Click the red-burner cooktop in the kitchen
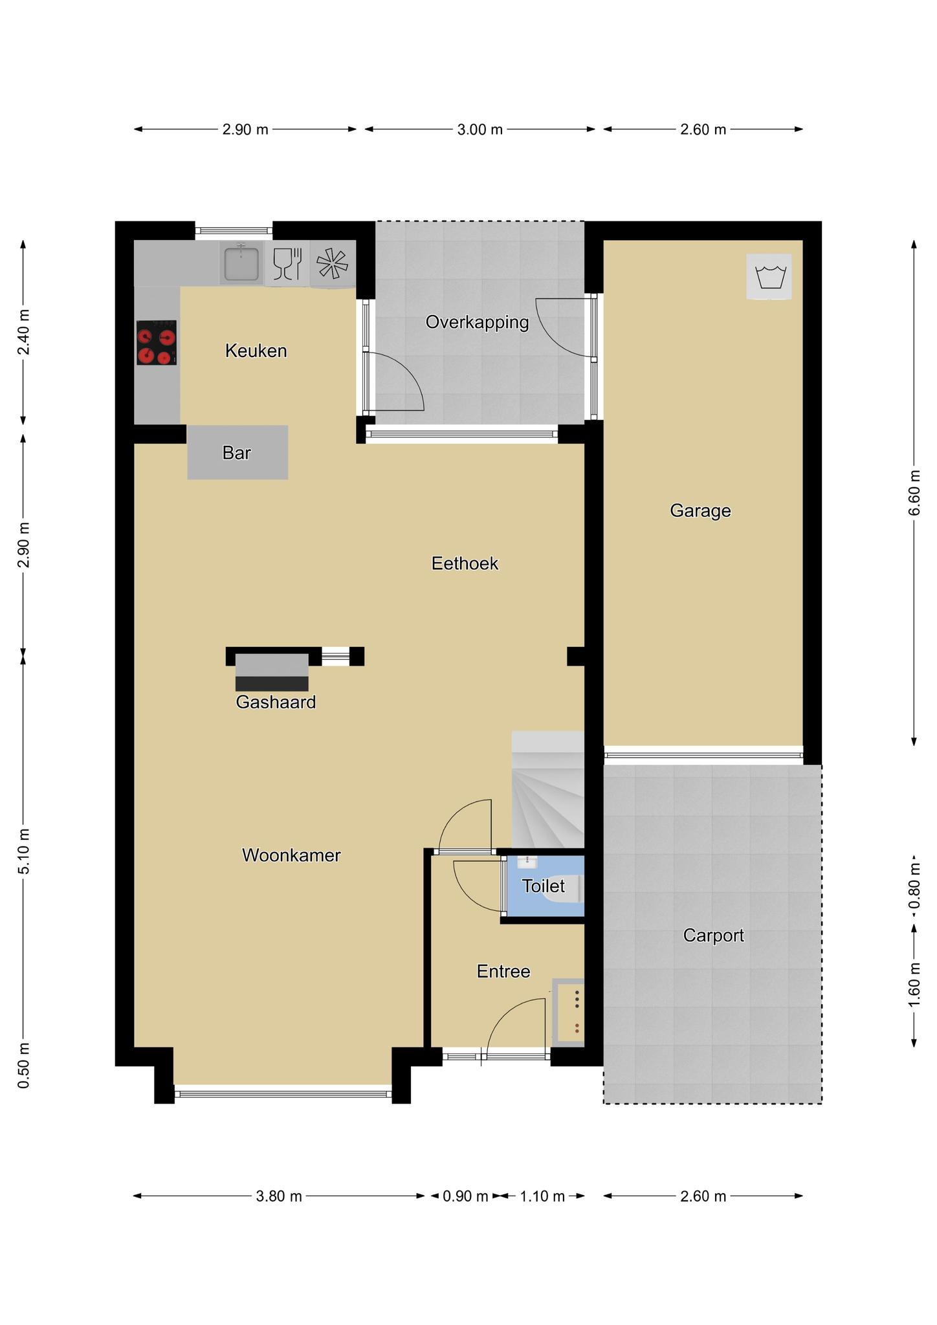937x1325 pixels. click(x=157, y=342)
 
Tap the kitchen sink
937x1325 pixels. click(x=241, y=263)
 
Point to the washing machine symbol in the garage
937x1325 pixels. click(x=769, y=276)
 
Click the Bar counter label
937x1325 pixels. click(x=237, y=453)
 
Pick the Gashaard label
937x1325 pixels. click(x=276, y=702)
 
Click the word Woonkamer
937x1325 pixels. click(x=291, y=855)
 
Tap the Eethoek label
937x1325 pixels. click(x=465, y=564)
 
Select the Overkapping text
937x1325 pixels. click(x=478, y=322)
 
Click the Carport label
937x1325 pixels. click(x=714, y=936)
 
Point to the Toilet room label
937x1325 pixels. click(x=544, y=886)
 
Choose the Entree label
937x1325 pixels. click(x=503, y=971)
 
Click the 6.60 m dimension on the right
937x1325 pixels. click(x=914, y=493)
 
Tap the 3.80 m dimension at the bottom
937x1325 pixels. click(x=279, y=1196)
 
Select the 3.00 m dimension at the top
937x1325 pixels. click(x=480, y=129)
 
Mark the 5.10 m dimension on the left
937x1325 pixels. click(x=23, y=851)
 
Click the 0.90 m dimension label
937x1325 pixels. click(x=465, y=1196)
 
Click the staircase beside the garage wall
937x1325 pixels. click(x=548, y=789)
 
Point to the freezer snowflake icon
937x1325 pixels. click(x=332, y=263)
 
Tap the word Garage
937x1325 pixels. click(x=700, y=511)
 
